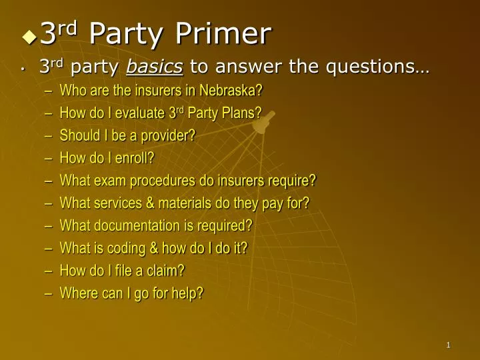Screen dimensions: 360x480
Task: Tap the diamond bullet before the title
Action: coord(29,37)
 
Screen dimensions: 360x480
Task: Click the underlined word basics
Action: coord(155,67)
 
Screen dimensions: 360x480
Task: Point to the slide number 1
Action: coord(449,345)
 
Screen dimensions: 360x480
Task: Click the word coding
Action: coord(126,249)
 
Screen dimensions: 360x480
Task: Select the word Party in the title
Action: coord(125,33)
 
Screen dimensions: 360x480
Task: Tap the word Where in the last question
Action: coord(77,293)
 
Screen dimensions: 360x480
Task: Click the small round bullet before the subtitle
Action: coord(23,68)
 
